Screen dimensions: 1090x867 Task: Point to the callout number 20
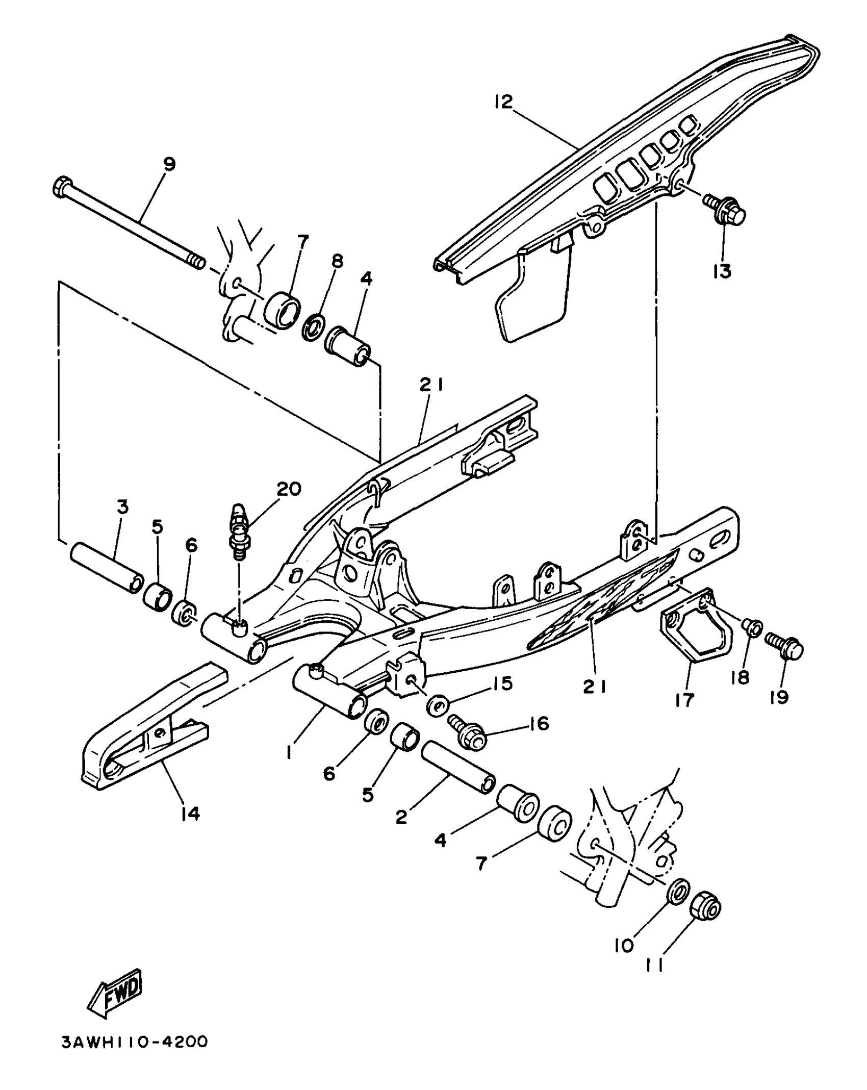coord(289,489)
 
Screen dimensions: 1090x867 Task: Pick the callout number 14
coord(190,813)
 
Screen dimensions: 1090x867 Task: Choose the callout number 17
coord(684,700)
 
